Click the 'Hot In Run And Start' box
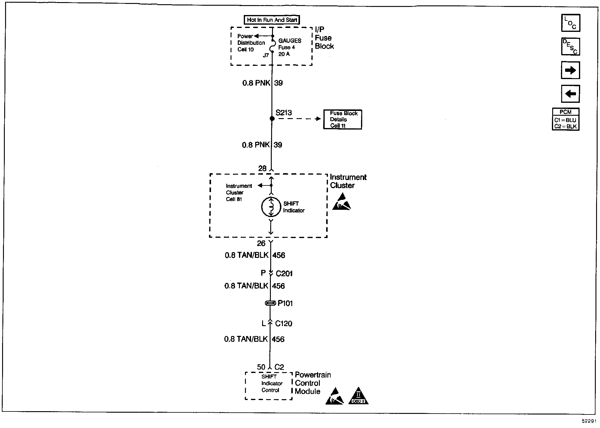tap(272, 20)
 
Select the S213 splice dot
tap(272, 119)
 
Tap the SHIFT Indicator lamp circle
tap(271, 207)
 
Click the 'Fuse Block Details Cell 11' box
tap(342, 119)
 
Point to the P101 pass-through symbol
tap(271, 304)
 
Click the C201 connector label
tap(284, 274)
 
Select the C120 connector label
tap(283, 324)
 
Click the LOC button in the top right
tap(570, 23)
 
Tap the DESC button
tap(570, 47)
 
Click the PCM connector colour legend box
tap(565, 119)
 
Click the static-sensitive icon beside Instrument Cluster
tap(341, 202)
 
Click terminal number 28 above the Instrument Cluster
tap(262, 169)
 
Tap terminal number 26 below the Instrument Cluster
tap(261, 243)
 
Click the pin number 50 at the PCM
tap(261, 367)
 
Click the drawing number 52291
tap(589, 421)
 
